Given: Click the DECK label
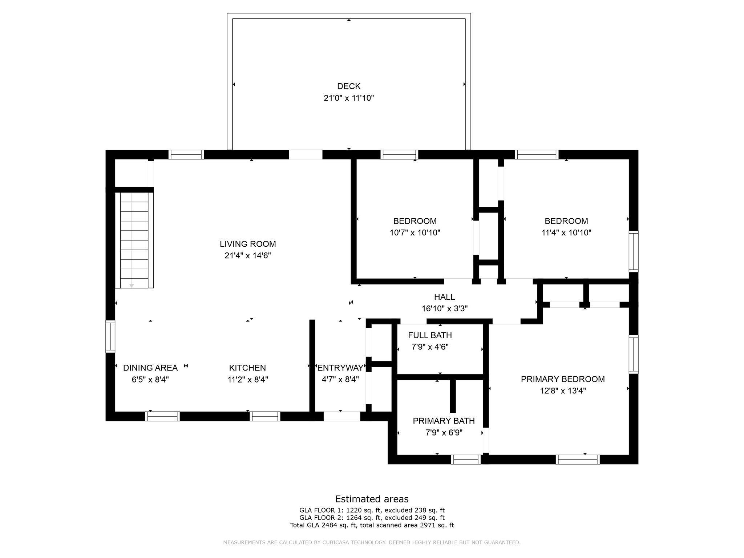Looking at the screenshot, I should coord(349,86).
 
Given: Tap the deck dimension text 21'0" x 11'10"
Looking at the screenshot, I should coord(349,98).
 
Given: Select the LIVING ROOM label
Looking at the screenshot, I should coord(248,244).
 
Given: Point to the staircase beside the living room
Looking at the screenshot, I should coord(134,240).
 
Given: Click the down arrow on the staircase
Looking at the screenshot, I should coord(132,286).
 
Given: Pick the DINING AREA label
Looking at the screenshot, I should coord(150,368).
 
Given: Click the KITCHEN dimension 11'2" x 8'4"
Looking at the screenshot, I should coord(248,380).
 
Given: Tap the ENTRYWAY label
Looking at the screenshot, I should coord(340,368).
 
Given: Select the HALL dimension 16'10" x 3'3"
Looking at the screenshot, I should coord(444,309).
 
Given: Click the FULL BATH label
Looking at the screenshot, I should coord(430,335).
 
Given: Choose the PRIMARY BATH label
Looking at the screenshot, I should coord(444,421).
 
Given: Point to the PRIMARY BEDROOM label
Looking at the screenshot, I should coord(563,379).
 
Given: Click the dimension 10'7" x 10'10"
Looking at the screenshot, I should coord(415,232).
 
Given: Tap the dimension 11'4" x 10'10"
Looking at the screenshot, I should coord(566,232).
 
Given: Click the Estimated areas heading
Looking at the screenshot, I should coord(372,499).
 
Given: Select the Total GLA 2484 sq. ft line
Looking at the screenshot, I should coord(372,525).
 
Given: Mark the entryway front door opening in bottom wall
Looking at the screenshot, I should coord(341,416).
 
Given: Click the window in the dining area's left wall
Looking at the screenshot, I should coord(110,336).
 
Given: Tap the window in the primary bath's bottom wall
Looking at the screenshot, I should coord(466,460).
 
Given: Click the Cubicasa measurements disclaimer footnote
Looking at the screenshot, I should coord(372,542).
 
